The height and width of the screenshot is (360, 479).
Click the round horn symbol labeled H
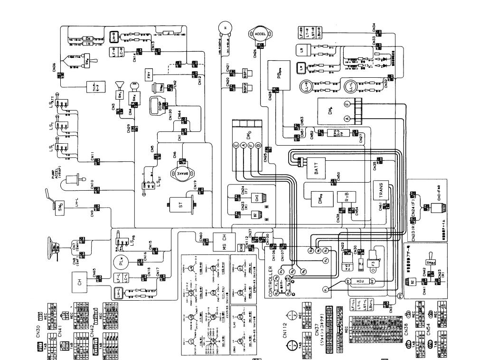(x=225, y=28)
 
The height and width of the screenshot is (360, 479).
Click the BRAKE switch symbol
(x=181, y=172)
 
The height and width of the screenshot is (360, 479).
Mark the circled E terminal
(x=235, y=146)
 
